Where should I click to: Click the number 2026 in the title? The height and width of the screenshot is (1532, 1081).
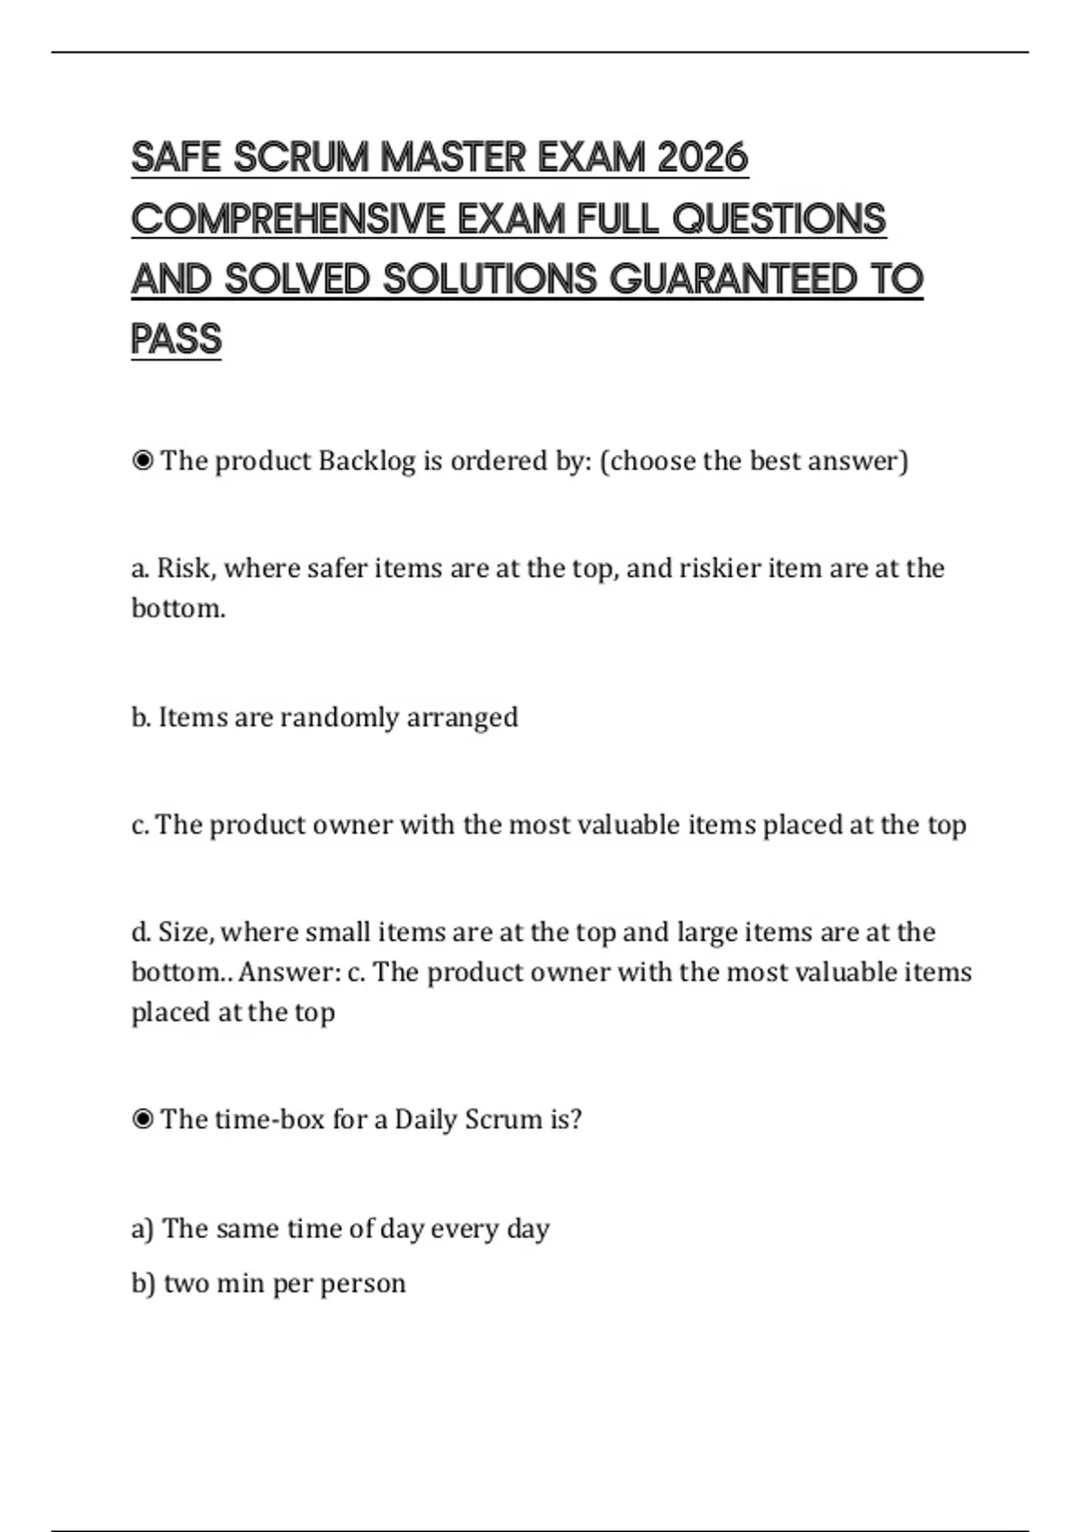[x=703, y=158]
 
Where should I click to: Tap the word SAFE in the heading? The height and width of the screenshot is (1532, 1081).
[x=176, y=158]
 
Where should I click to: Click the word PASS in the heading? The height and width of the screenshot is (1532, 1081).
[x=176, y=339]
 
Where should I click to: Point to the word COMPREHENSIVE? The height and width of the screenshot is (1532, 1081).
[x=288, y=219]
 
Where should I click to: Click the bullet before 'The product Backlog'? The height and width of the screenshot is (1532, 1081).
[x=142, y=461]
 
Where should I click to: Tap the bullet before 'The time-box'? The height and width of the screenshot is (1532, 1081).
[x=142, y=1120]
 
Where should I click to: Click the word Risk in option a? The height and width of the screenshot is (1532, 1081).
[x=185, y=569]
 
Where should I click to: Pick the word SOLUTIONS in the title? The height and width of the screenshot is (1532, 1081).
[x=490, y=278]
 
